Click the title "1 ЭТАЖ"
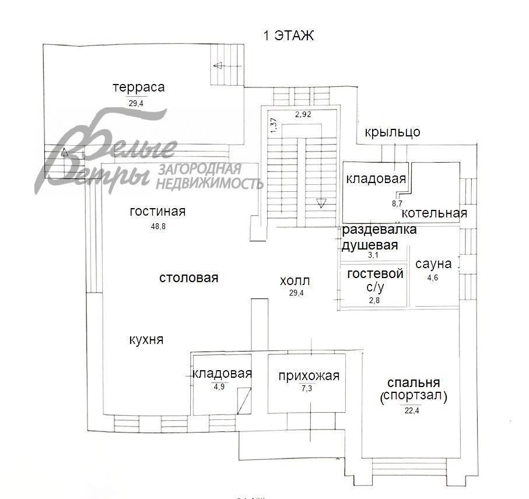(x=289, y=36)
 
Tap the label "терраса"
(x=139, y=87)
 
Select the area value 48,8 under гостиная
(x=158, y=227)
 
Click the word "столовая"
(x=188, y=278)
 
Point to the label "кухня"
(x=146, y=340)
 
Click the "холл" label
(x=295, y=280)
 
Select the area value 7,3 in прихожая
(x=307, y=388)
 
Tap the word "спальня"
(x=414, y=382)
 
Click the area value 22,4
(x=412, y=410)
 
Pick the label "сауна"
(x=433, y=264)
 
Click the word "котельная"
(x=435, y=213)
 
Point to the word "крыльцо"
(x=393, y=132)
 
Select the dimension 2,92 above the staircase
(x=303, y=114)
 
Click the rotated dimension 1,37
(x=274, y=125)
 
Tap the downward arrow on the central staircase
(x=321, y=203)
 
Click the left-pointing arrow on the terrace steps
(x=218, y=65)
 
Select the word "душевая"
(x=370, y=245)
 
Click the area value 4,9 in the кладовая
(x=219, y=386)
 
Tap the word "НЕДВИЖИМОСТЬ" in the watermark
(x=209, y=184)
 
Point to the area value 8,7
(x=397, y=203)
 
